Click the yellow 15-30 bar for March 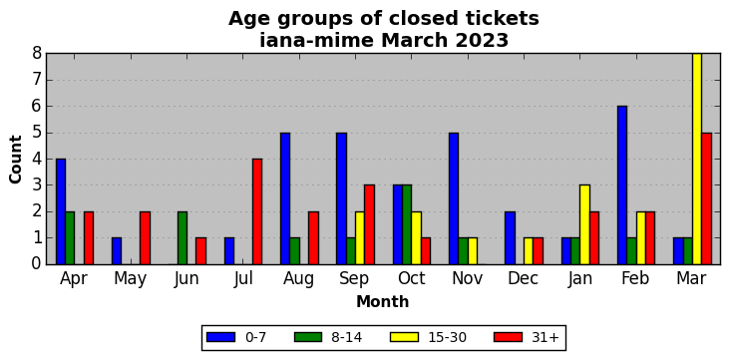(x=697, y=159)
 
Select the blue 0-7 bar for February (x=622, y=185)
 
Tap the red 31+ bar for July (x=257, y=211)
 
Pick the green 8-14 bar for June (x=182, y=238)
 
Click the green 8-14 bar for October (x=407, y=225)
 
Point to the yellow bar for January (x=584, y=225)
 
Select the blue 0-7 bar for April (x=61, y=211)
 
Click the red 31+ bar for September (x=370, y=225)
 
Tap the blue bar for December (x=510, y=238)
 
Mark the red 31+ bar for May (x=145, y=238)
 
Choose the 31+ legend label (x=545, y=337)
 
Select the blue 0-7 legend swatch (x=220, y=337)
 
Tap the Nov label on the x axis (x=468, y=278)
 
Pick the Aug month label (x=299, y=279)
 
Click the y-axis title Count (x=16, y=160)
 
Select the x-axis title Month (x=383, y=302)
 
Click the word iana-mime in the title (x=316, y=41)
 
